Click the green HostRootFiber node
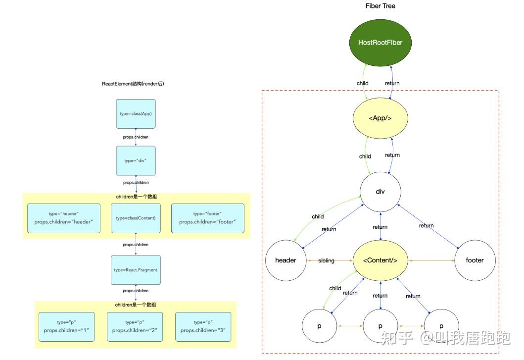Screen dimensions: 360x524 pyautogui.click(x=380, y=43)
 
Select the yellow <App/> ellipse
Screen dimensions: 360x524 pyautogui.click(x=380, y=118)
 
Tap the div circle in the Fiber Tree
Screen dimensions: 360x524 pyautogui.click(x=380, y=192)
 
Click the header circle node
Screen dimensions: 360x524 pyautogui.click(x=286, y=260)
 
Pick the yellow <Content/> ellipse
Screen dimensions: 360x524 pyautogui.click(x=380, y=260)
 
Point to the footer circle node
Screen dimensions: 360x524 pyautogui.click(x=475, y=260)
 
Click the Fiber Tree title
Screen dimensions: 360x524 pyautogui.click(x=380, y=6)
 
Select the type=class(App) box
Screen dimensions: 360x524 pyautogui.click(x=136, y=113)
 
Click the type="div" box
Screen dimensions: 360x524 pyautogui.click(x=136, y=160)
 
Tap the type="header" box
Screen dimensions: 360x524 pyautogui.click(x=64, y=218)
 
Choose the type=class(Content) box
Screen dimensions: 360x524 pyautogui.click(x=136, y=218)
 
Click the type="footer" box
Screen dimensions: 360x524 pyautogui.click(x=207, y=218)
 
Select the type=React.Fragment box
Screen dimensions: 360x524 pyautogui.click(x=136, y=270)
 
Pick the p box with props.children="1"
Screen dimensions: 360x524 pyautogui.click(x=66, y=326)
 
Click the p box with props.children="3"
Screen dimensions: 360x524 pyautogui.click(x=203, y=326)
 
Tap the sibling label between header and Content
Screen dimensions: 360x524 pyautogui.click(x=327, y=260)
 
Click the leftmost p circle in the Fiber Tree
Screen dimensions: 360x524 pyautogui.click(x=319, y=326)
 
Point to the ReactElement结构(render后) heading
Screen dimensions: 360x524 pyautogui.click(x=133, y=84)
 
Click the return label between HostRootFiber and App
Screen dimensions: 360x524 pyautogui.click(x=392, y=83)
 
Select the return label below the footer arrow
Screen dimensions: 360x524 pyautogui.click(x=426, y=226)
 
